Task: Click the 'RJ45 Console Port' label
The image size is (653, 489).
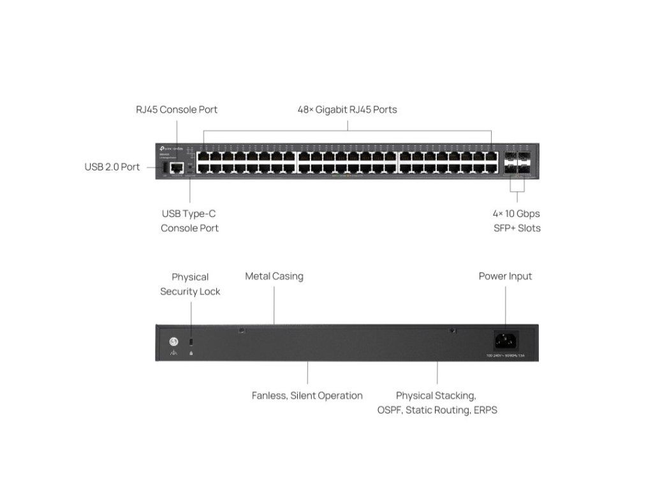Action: pos(177,110)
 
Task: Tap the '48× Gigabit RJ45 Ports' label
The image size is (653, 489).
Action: pos(347,110)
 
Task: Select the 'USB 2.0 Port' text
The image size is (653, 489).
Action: pos(112,167)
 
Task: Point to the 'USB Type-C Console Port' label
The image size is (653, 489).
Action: pos(189,221)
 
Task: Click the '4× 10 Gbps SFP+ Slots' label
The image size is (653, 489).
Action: pos(517,221)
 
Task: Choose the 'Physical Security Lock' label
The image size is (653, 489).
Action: pos(190,284)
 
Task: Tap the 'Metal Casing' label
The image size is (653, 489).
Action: pos(274,276)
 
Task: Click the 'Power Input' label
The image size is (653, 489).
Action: pos(505,276)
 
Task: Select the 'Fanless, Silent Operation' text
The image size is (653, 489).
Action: pos(307,395)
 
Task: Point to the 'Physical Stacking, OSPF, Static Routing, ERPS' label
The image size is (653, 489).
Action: pos(437,402)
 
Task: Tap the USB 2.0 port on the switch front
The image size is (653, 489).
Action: pos(165,167)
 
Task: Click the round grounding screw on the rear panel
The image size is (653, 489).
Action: pos(173,342)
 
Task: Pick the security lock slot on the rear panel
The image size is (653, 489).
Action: pos(192,342)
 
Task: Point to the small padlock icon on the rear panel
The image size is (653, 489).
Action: pos(192,352)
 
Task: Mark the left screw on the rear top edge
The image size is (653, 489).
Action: pos(241,330)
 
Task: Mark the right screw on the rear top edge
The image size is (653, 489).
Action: pos(451,330)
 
